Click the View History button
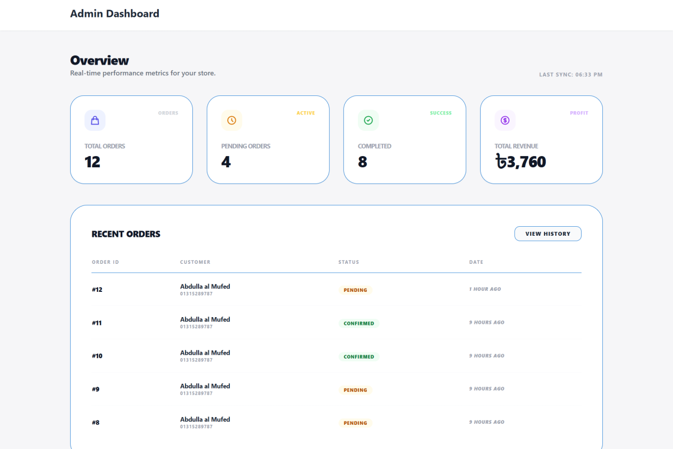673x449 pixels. (x=547, y=233)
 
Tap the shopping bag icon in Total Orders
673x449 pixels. (x=95, y=120)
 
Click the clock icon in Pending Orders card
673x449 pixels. (x=232, y=120)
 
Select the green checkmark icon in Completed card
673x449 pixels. (x=368, y=120)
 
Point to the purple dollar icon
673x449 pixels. (x=505, y=120)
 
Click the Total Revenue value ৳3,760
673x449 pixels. (x=520, y=162)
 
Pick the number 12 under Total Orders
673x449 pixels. (x=93, y=162)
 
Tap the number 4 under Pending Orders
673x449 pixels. (x=226, y=162)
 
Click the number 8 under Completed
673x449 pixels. (x=363, y=162)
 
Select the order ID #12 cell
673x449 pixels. (x=97, y=290)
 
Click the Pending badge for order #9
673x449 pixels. (x=355, y=390)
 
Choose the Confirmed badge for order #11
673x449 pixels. (x=358, y=323)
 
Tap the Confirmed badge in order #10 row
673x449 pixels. (x=358, y=356)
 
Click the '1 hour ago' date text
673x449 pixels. (x=485, y=289)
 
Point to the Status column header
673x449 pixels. (x=348, y=262)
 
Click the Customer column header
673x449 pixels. (x=195, y=262)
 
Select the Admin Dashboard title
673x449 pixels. (x=114, y=13)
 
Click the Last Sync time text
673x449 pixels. (x=570, y=75)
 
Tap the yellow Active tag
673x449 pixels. (x=306, y=113)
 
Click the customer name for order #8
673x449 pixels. (x=205, y=419)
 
